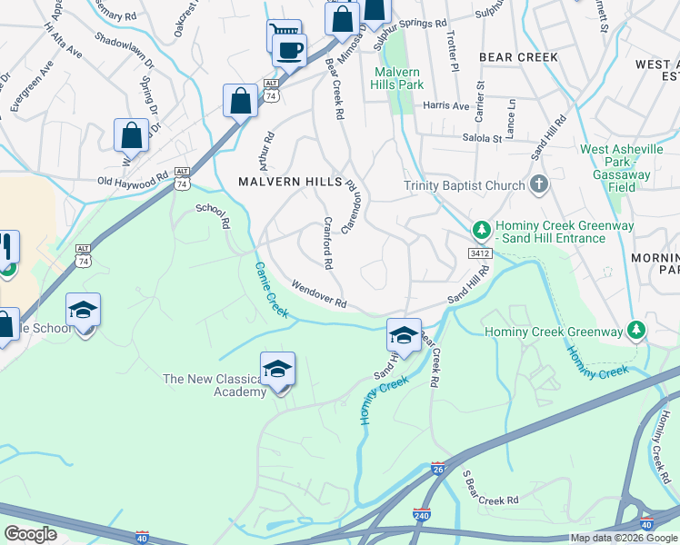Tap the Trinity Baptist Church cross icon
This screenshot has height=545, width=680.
(539, 185)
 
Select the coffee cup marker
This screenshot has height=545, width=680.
(289, 50)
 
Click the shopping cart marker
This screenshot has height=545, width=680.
(284, 35)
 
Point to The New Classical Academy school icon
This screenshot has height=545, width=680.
(277, 369)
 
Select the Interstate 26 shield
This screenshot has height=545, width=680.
(438, 470)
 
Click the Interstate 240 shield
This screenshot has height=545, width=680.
(422, 515)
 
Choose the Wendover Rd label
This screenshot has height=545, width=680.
(319, 293)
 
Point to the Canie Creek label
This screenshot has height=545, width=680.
(271, 289)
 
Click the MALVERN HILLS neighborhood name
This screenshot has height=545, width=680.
(290, 182)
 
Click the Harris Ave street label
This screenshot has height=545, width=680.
(446, 105)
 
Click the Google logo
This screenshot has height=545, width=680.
(31, 534)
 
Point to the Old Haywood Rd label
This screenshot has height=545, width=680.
(134, 181)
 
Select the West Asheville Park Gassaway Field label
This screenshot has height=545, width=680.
(620, 161)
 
